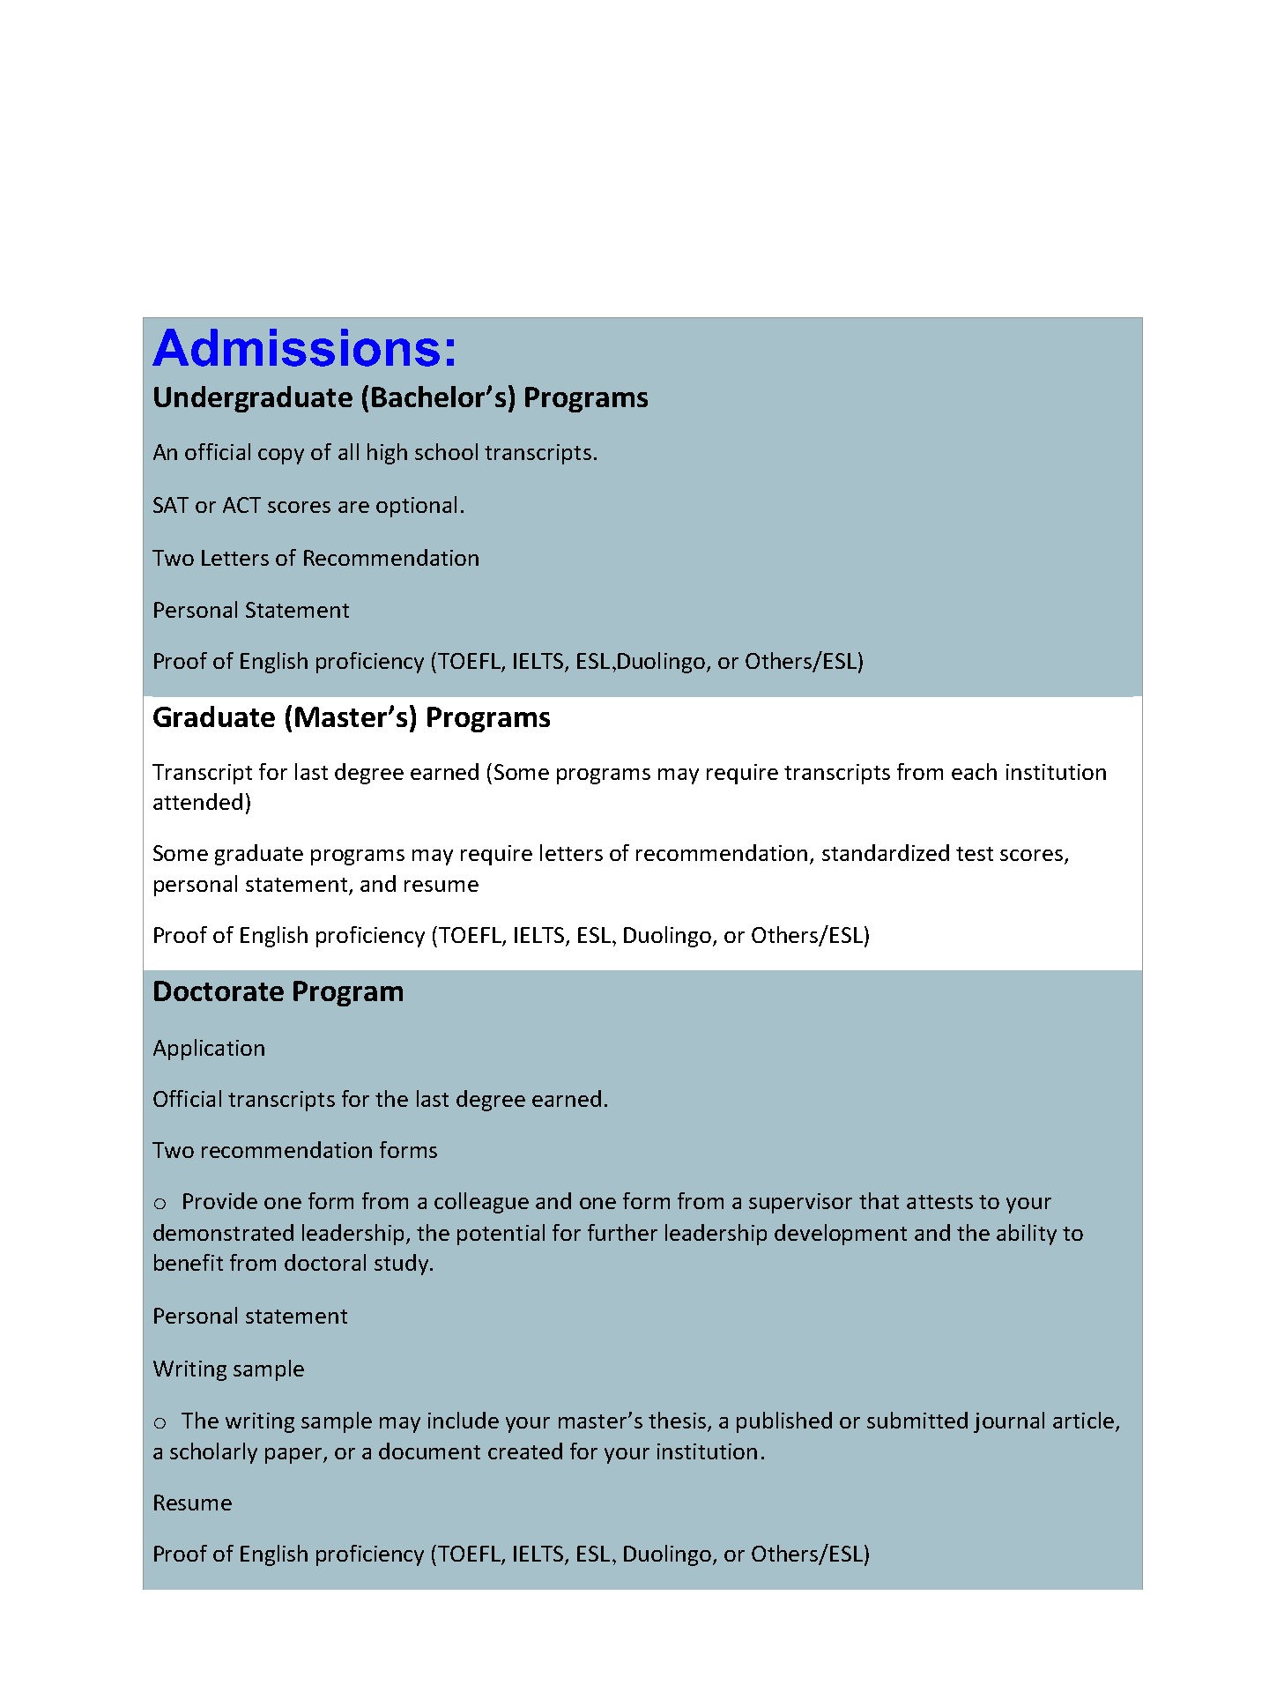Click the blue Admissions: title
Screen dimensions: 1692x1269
coord(305,349)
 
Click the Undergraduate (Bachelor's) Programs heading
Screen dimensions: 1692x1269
coord(400,397)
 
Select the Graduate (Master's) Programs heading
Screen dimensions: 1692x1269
coord(351,717)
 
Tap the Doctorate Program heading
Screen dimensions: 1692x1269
coord(278,991)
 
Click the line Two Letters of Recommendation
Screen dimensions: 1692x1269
coord(315,558)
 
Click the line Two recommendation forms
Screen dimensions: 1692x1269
coord(294,1150)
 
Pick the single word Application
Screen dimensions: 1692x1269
coord(208,1048)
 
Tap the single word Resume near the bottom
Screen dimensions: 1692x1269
coord(192,1503)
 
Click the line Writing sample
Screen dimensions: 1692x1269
coord(228,1369)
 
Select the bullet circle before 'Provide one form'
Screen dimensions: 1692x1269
coord(160,1204)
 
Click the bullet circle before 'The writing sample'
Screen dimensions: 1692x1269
coord(160,1422)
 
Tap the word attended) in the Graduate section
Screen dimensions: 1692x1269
coord(202,802)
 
